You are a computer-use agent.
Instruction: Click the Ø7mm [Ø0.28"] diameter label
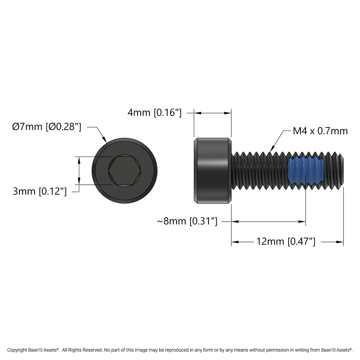[47, 127]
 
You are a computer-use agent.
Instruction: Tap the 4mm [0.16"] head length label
[154, 112]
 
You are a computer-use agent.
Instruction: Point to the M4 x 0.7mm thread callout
[320, 131]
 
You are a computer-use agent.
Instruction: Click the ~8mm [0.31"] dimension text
[187, 222]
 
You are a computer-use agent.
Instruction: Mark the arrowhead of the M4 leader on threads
[272, 149]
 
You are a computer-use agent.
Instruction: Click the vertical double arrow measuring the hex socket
[79, 171]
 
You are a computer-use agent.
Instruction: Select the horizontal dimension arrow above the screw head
[213, 113]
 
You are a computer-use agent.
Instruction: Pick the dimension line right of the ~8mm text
[268, 222]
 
